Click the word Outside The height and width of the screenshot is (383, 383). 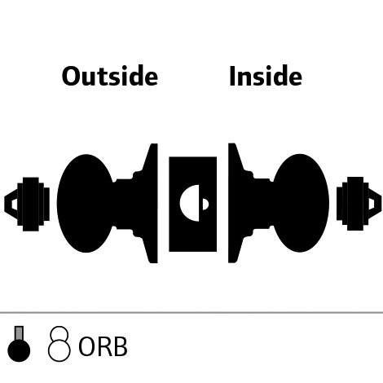(x=110, y=76)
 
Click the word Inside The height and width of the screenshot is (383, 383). (x=266, y=76)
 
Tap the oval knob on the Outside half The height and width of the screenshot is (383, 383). (x=85, y=203)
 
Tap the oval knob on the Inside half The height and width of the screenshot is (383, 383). (x=301, y=203)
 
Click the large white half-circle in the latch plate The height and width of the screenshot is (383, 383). (x=190, y=203)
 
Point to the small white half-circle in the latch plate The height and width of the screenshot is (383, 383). (x=205, y=205)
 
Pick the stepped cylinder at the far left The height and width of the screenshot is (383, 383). (x=27, y=204)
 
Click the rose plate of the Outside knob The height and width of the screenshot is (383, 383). (x=152, y=203)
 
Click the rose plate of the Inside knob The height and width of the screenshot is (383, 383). (x=234, y=203)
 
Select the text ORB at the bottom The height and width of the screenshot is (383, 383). (x=103, y=347)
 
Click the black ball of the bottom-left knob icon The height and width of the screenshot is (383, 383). (x=19, y=350)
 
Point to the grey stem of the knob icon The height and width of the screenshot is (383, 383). (x=19, y=333)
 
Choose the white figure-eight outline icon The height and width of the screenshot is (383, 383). (x=59, y=344)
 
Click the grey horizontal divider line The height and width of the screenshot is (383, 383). (x=191, y=313)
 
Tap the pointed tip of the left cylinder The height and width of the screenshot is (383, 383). (x=5, y=204)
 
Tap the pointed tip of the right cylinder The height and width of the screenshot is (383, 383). (x=381, y=204)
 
